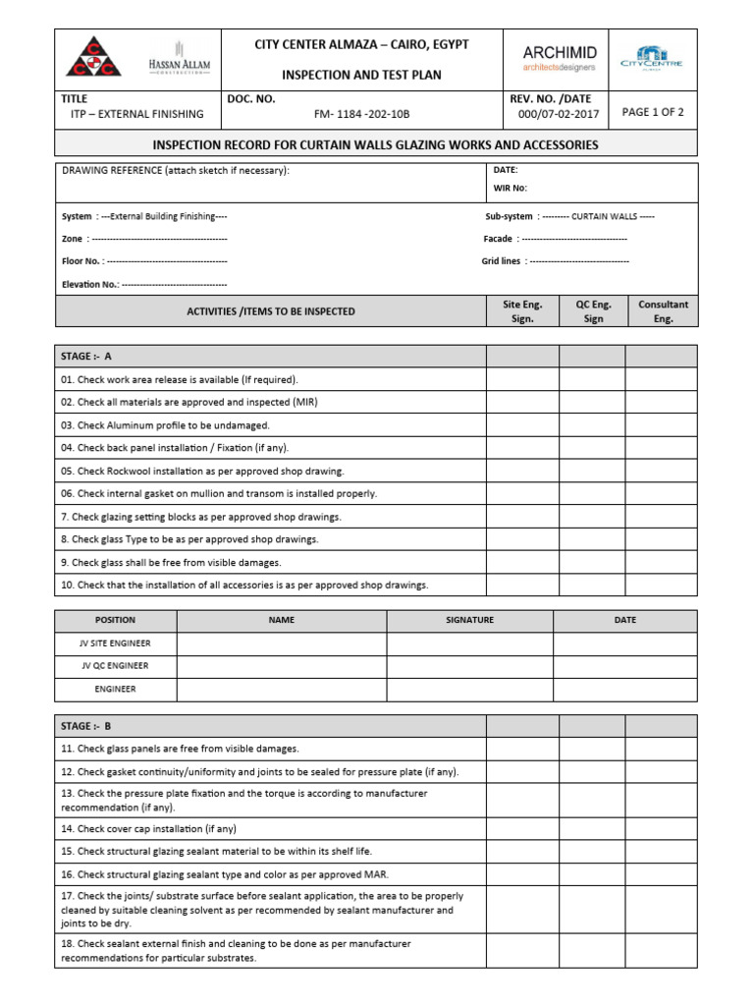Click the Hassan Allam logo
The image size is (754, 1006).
180,60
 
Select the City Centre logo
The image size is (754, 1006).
652,59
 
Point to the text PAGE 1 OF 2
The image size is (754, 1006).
653,112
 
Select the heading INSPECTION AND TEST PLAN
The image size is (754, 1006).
361,75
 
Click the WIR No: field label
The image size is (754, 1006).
511,187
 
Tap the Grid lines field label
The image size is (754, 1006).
502,261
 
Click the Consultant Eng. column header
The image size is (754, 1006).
663,311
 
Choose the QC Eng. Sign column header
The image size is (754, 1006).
593,311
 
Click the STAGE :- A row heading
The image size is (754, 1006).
86,356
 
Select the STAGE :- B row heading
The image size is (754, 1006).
86,726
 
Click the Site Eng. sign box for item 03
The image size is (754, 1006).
522,425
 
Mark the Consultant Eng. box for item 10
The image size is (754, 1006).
661,585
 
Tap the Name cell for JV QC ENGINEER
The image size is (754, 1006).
282,666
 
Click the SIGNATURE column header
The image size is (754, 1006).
469,620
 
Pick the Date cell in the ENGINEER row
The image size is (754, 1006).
624,689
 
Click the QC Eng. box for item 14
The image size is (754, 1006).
592,828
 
